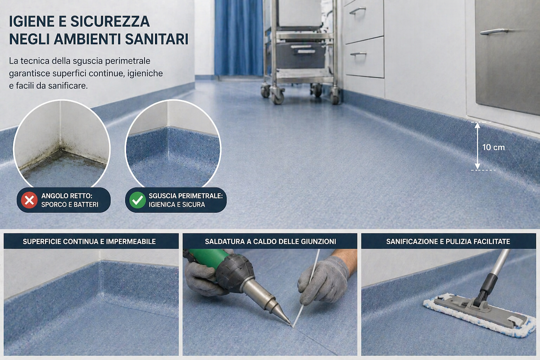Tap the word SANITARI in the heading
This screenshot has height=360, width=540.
(157, 39)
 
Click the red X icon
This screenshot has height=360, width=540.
(29, 200)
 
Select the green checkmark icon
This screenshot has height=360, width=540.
(137, 200)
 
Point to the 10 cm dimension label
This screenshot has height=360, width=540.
(494, 147)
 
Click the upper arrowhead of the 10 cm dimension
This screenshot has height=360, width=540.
(477, 125)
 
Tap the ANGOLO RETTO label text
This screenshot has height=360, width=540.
(67, 196)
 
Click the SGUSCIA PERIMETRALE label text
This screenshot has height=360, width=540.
(186, 196)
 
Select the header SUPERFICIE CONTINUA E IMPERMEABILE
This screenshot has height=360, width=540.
(89, 242)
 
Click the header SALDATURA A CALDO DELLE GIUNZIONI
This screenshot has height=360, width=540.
(270, 242)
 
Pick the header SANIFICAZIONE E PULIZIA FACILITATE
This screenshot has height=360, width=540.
(448, 242)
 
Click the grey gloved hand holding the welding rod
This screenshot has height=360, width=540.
(323, 280)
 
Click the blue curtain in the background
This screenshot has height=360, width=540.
(239, 37)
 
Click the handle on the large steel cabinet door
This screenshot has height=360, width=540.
(494, 31)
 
